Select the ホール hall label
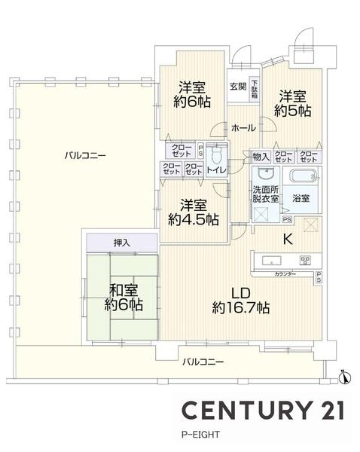click(x=242, y=128)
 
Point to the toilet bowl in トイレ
click(x=217, y=157)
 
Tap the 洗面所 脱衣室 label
click(x=265, y=194)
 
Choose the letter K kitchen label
click(x=287, y=240)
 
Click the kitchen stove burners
click(x=306, y=261)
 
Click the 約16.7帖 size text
click(x=241, y=307)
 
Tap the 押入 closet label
click(x=121, y=243)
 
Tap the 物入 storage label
click(x=261, y=157)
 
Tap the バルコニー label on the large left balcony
click(x=84, y=156)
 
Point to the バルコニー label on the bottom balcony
click(x=203, y=362)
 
